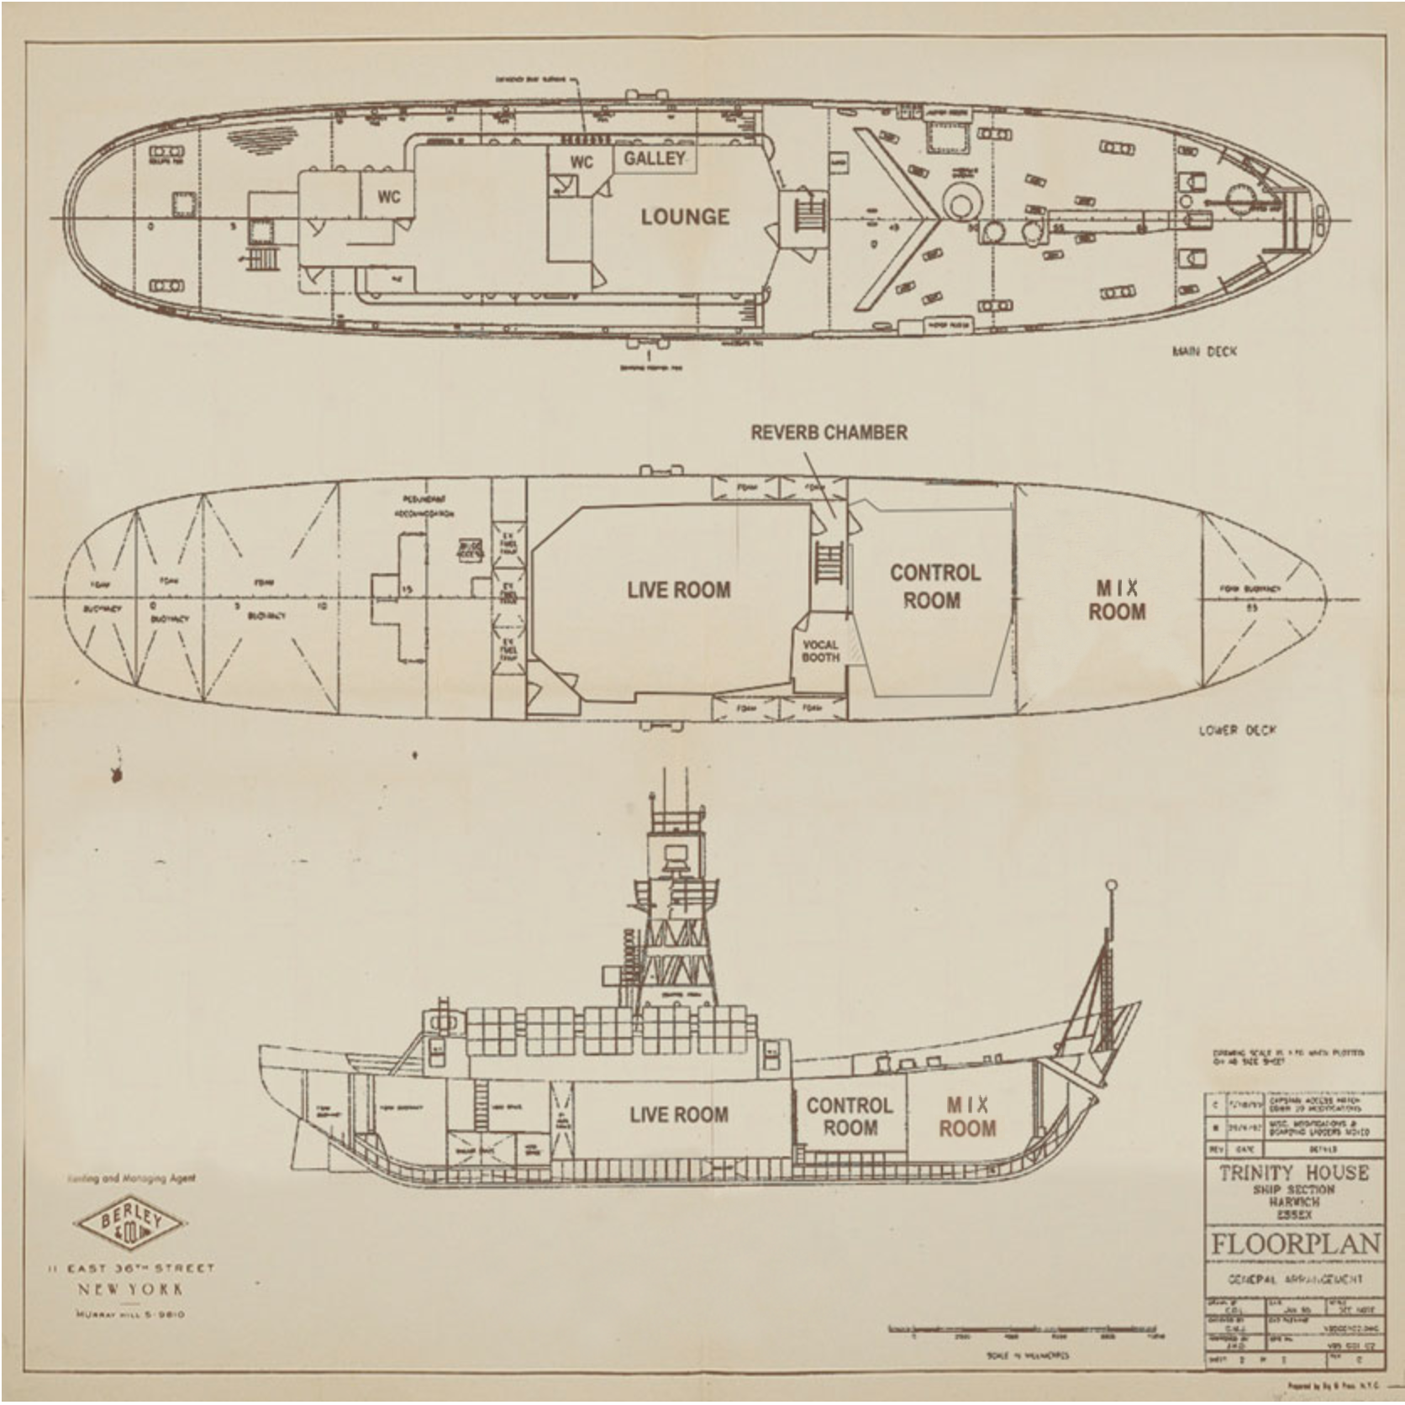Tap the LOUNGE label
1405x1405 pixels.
[x=685, y=217]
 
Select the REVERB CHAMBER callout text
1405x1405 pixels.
[x=829, y=432]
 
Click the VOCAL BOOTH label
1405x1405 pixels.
[x=820, y=651]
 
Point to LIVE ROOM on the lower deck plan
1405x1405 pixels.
[x=679, y=590]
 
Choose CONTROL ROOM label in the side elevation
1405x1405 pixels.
[x=850, y=1116]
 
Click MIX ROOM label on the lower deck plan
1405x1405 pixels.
[x=1117, y=600]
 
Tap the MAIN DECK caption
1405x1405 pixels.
[x=1204, y=351]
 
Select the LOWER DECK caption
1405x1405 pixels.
[x=1236, y=729]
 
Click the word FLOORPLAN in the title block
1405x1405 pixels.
[x=1295, y=1245]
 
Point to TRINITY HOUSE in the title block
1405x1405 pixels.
[x=1294, y=1172]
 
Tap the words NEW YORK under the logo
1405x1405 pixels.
[x=130, y=1289]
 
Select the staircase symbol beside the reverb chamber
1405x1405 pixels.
[x=828, y=562]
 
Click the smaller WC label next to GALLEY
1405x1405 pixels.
[x=581, y=162]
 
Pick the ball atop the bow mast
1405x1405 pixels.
[x=1111, y=885]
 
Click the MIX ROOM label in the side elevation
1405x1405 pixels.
[x=967, y=1116]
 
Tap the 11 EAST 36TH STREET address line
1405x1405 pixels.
[x=131, y=1268]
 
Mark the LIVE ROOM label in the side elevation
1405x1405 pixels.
[x=679, y=1114]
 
